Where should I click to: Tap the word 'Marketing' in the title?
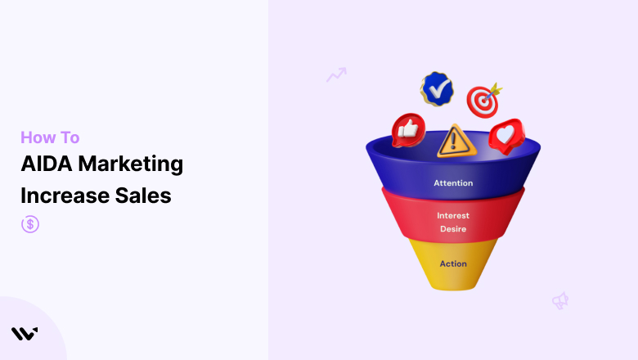pyautogui.click(x=131, y=164)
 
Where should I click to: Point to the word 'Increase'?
pyautogui.click(x=65, y=196)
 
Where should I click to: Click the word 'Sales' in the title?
pyautogui.click(x=143, y=196)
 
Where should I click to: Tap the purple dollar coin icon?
pyautogui.click(x=30, y=224)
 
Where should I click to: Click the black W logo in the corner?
pyautogui.click(x=25, y=334)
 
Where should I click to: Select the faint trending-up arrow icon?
pyautogui.click(x=336, y=74)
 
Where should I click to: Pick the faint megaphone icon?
pyautogui.click(x=560, y=300)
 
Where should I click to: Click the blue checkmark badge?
pyautogui.click(x=437, y=89)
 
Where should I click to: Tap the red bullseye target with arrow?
pyautogui.click(x=483, y=101)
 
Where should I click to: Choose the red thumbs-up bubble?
pyautogui.click(x=408, y=130)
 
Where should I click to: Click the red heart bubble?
pyautogui.click(x=507, y=136)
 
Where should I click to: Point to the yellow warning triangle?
pyautogui.click(x=456, y=142)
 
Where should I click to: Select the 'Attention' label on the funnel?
pyautogui.click(x=453, y=183)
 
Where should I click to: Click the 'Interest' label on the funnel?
pyautogui.click(x=453, y=216)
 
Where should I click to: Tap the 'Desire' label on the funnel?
pyautogui.click(x=453, y=229)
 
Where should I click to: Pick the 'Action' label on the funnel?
pyautogui.click(x=453, y=263)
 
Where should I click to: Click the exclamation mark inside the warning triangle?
pyautogui.click(x=454, y=140)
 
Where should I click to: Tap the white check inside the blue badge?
pyautogui.click(x=438, y=89)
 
